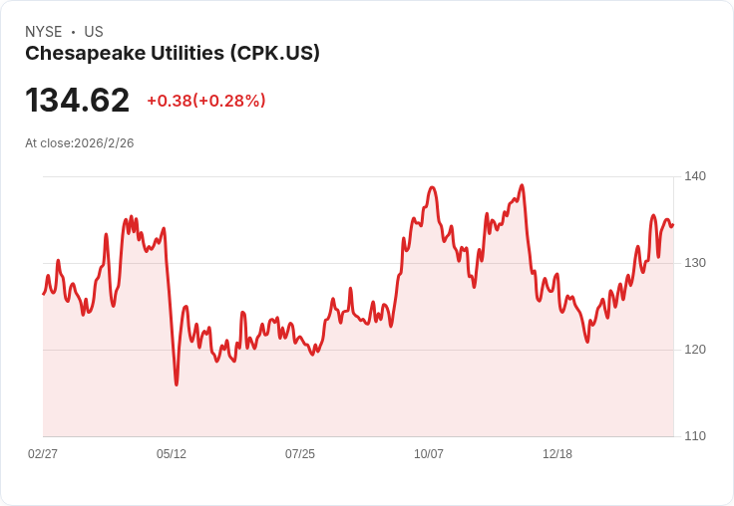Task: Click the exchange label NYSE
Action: click(x=43, y=32)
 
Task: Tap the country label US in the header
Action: click(x=94, y=32)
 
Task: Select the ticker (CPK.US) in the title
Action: click(x=274, y=54)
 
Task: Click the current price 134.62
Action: click(x=77, y=101)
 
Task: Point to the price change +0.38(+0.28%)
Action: click(x=206, y=101)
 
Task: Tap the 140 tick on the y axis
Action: click(x=695, y=176)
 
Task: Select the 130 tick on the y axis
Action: click(x=695, y=263)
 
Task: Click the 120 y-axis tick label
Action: click(x=695, y=350)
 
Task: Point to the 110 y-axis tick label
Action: click(x=695, y=436)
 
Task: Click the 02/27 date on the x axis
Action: click(x=43, y=454)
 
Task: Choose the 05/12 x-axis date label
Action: click(x=172, y=454)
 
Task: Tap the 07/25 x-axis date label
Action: click(x=300, y=454)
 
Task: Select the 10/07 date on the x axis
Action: click(x=429, y=454)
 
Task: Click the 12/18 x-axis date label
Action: click(x=557, y=454)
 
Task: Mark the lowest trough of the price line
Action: click(x=177, y=384)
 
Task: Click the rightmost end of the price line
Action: click(x=672, y=224)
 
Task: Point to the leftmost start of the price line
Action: click(x=43, y=293)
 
